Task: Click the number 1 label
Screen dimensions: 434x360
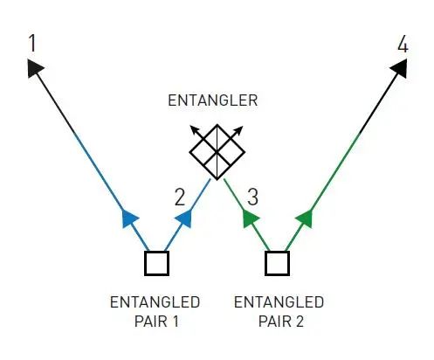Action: [32, 43]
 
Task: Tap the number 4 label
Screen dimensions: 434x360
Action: [403, 45]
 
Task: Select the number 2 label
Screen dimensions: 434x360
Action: [180, 197]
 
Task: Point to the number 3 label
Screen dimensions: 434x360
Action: [252, 197]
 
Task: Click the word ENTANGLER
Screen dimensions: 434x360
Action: [213, 100]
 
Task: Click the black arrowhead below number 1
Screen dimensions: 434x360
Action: [35, 67]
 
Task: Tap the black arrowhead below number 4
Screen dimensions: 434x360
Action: [399, 68]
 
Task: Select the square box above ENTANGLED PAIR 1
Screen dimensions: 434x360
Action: [156, 263]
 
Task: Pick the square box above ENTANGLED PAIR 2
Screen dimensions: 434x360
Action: [277, 263]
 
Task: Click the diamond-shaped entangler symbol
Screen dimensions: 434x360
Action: [217, 152]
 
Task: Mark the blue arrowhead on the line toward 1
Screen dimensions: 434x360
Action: [130, 218]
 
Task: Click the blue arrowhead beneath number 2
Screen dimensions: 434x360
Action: [184, 218]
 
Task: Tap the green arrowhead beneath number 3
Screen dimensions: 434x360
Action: [251, 218]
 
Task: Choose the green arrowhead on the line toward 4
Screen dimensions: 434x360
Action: [305, 218]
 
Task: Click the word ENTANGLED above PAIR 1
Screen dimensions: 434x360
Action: [155, 302]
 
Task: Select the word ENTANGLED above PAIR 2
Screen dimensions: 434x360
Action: [279, 302]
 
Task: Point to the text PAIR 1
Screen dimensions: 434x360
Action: [156, 322]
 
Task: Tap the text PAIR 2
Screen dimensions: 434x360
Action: [281, 322]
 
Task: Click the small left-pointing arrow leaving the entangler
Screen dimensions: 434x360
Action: [203, 138]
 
